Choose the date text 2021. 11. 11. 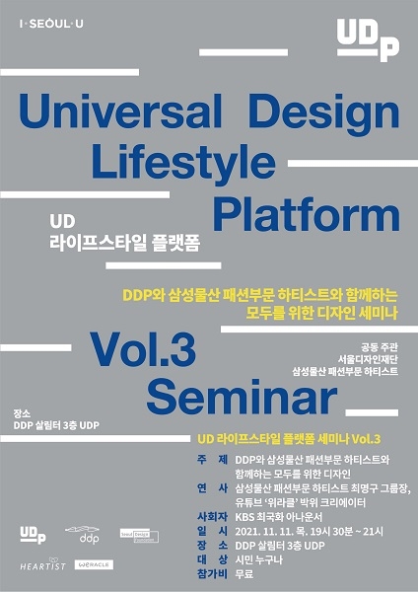point(266,530)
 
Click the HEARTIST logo point(42,565)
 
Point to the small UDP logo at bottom point(34,533)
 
